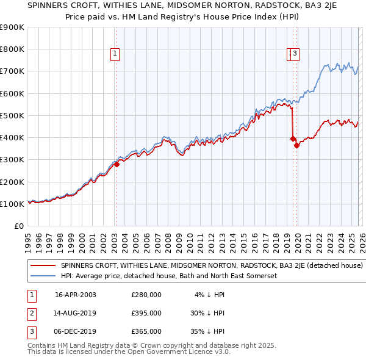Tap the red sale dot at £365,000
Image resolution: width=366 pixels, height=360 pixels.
(x=296, y=145)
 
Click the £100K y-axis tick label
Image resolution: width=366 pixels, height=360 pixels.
(x=12, y=204)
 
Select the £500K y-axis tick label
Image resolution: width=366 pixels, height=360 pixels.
(x=12, y=115)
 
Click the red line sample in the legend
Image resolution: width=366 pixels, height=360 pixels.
(x=43, y=266)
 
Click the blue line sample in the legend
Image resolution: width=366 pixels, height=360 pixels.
(x=43, y=276)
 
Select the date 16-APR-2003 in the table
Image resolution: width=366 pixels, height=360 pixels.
(x=75, y=295)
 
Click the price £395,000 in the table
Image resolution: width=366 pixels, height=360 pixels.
(x=146, y=313)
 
